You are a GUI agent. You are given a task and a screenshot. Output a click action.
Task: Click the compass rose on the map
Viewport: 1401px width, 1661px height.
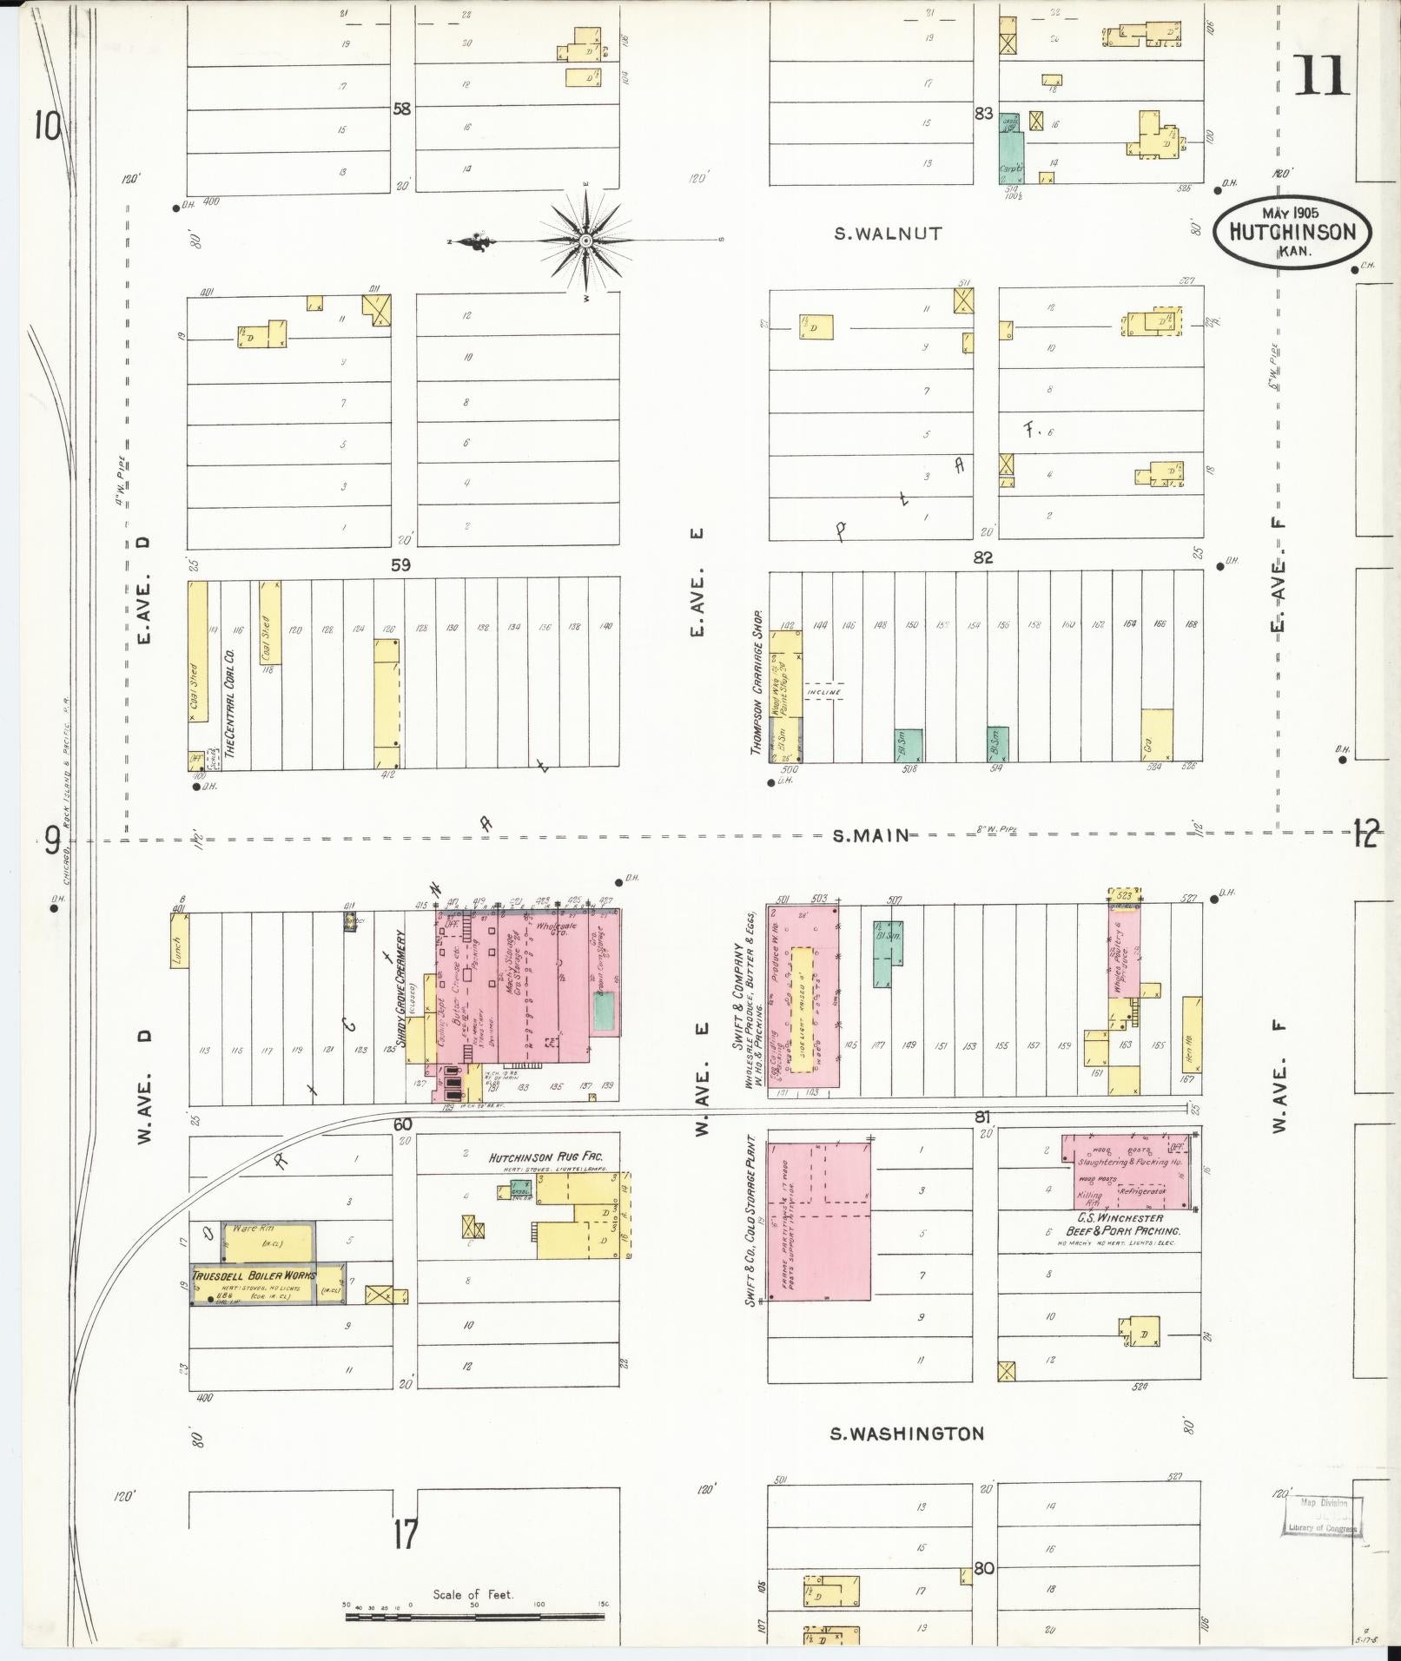click(x=585, y=240)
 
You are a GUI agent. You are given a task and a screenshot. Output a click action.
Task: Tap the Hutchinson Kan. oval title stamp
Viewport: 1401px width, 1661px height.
click(x=1292, y=231)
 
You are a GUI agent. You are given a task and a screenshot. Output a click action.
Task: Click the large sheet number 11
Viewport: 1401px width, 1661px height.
click(x=1322, y=76)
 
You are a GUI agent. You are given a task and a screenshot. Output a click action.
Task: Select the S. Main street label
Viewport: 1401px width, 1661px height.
click(x=871, y=835)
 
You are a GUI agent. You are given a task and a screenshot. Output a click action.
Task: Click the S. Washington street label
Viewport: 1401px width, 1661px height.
click(x=907, y=1434)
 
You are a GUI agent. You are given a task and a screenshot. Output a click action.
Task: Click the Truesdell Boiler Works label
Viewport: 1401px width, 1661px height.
click(x=254, y=1275)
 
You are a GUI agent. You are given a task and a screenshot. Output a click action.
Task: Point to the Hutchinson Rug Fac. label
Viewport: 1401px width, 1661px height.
click(x=545, y=1157)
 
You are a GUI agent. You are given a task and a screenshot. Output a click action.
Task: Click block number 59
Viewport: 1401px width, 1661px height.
click(x=400, y=564)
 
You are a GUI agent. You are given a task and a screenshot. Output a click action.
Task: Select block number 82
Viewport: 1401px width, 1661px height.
click(x=983, y=557)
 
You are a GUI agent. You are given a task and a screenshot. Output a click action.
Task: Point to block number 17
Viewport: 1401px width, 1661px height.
click(x=404, y=1533)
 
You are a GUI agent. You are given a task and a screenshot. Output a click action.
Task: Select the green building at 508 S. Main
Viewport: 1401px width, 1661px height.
click(x=908, y=745)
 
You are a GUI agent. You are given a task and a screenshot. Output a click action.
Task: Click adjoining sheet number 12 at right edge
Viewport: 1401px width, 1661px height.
click(x=1365, y=834)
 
